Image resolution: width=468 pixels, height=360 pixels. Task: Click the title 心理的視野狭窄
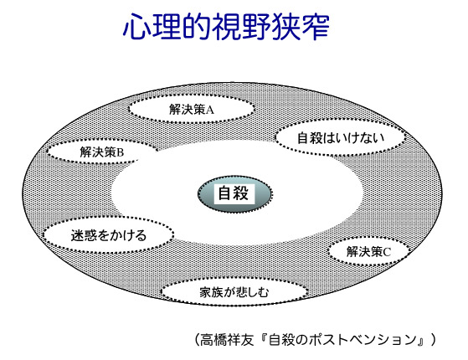(x=226, y=27)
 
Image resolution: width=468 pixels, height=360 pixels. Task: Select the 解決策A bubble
(x=192, y=109)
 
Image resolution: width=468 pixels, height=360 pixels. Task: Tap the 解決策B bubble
(x=101, y=152)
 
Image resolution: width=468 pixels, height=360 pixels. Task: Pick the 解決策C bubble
(x=368, y=252)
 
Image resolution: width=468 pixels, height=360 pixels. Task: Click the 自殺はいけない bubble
(x=341, y=137)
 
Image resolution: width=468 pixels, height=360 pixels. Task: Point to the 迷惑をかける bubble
(x=108, y=235)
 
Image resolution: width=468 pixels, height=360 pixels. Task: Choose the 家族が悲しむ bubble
(x=234, y=292)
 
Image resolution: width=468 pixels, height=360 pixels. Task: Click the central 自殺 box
(x=234, y=193)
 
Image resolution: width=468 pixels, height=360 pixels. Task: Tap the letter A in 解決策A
(x=210, y=110)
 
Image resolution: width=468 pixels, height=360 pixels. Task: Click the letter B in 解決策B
(x=120, y=152)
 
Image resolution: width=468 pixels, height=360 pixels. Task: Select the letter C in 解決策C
(x=387, y=252)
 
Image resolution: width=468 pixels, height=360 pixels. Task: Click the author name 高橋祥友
(x=227, y=340)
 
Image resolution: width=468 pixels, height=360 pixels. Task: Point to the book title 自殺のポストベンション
(x=342, y=340)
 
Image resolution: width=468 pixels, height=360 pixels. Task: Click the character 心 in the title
(x=137, y=27)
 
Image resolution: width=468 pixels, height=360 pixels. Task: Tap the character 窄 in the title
(x=315, y=27)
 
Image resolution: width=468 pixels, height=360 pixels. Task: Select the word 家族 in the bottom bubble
(x=211, y=292)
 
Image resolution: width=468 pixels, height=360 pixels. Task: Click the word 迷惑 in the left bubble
(x=84, y=235)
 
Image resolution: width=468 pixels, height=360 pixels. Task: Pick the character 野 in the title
(x=255, y=27)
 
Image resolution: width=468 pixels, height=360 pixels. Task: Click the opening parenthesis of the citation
(x=197, y=340)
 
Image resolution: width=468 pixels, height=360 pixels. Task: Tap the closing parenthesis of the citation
(x=433, y=340)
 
